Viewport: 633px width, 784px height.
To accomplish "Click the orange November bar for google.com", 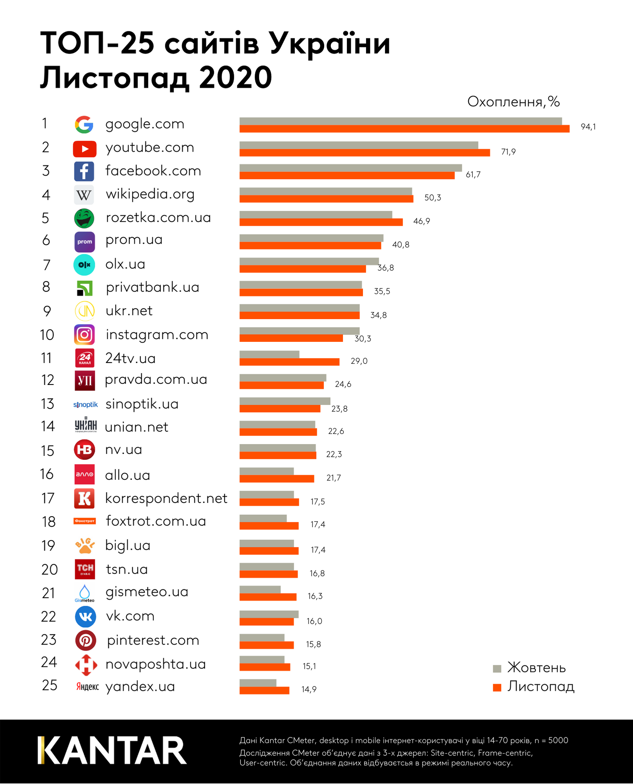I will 404,129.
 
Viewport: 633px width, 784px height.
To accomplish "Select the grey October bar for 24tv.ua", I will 269,354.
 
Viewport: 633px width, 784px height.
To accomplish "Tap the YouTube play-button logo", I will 84,149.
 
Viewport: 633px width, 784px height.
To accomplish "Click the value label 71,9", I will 508,152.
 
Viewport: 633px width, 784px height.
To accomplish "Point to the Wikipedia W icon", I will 84,195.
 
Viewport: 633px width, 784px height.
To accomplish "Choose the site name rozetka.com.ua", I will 158,218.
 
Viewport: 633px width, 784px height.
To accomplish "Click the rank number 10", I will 47,335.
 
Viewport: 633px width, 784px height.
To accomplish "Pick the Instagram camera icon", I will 84,335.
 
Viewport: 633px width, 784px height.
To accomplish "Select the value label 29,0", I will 359,361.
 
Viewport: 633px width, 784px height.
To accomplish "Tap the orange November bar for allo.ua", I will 277,479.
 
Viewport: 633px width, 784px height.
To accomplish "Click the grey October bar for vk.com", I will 269,614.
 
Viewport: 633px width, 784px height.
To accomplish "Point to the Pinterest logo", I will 85,640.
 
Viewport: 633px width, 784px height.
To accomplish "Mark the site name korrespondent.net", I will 166,498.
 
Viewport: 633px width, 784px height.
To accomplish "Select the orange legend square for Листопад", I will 497,688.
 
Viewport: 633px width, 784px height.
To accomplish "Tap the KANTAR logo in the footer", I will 112,750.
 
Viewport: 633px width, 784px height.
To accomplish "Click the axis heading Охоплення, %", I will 513,102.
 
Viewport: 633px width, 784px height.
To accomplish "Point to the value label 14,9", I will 309,689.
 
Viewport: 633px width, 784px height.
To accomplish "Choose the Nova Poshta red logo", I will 86,665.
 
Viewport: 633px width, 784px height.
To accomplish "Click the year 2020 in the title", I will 235,78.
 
